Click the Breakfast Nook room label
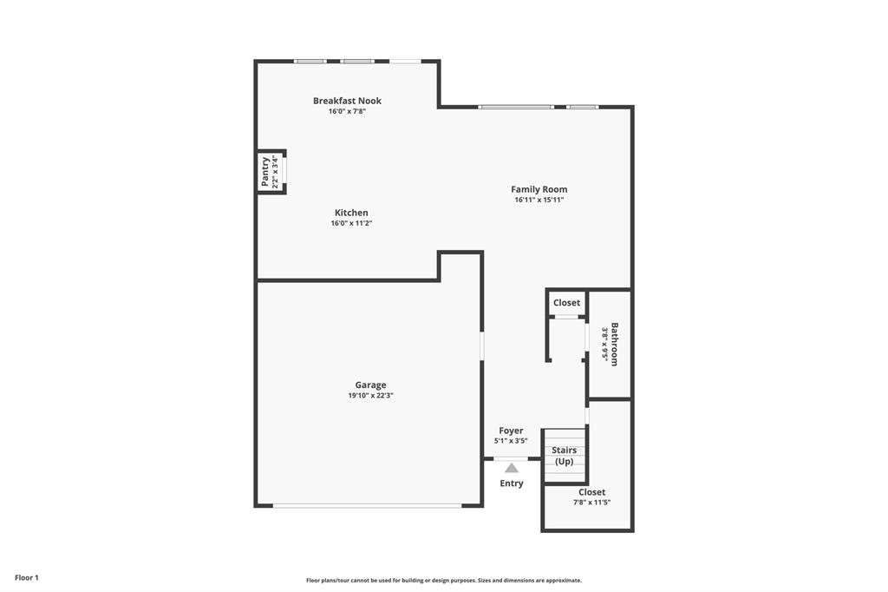347,101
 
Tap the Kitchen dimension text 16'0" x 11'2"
351,223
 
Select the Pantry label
265,172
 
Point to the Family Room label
539,189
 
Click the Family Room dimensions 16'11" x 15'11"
539,200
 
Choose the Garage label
370,385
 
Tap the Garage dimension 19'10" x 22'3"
370,396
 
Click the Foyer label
511,431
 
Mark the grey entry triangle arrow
512,468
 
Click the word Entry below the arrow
512,483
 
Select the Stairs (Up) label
564,456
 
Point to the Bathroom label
615,344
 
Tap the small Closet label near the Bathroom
566,303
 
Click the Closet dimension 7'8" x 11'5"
591,503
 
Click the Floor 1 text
27,577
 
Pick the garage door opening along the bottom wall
368,505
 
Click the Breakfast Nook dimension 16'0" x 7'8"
347,111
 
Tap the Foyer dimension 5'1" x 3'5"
511,441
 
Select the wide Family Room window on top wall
515,107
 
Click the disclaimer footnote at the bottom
444,581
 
